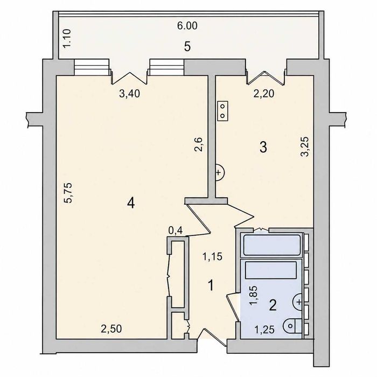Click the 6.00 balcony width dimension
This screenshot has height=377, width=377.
point(187,26)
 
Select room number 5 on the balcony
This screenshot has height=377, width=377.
point(187,46)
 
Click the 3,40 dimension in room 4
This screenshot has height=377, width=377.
point(129,94)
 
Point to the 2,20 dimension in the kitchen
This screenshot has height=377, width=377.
point(264,94)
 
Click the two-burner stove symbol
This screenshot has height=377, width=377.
point(222,110)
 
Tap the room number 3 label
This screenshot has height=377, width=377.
point(263,147)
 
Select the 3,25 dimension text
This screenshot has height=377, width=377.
point(305,146)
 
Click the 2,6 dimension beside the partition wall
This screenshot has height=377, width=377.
point(199,144)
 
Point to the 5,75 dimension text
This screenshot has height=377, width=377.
point(68,193)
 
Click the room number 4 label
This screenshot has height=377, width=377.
point(131,204)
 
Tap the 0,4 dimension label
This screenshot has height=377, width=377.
point(176,231)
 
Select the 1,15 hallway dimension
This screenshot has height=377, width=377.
point(212,257)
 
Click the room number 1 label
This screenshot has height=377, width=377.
point(211,285)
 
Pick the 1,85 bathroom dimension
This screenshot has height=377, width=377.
point(254,296)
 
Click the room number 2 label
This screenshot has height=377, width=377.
point(273,305)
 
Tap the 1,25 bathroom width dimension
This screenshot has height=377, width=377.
point(264,330)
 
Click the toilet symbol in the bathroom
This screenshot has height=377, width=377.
point(292,326)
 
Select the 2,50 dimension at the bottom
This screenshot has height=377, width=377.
point(111,329)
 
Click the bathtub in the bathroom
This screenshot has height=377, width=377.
point(272,245)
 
